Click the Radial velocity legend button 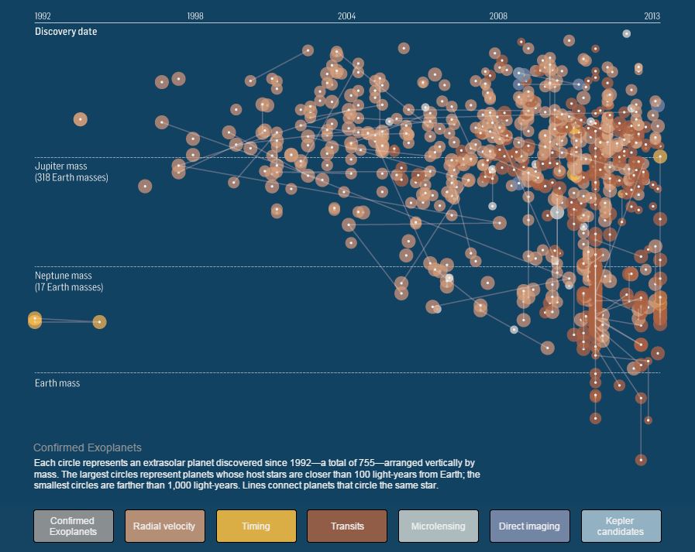click(x=164, y=526)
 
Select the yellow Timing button click(x=256, y=526)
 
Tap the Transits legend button click(x=347, y=526)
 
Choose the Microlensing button click(x=439, y=526)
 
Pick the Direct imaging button click(x=529, y=526)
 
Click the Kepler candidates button click(x=621, y=526)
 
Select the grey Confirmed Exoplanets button click(x=73, y=526)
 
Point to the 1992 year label click(x=43, y=15)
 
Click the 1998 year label click(x=195, y=15)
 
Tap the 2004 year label click(x=347, y=15)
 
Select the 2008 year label click(x=498, y=15)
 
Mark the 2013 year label click(x=652, y=15)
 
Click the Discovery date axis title click(x=66, y=32)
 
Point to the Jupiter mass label click(x=60, y=166)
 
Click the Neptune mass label click(x=63, y=276)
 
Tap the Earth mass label click(x=57, y=383)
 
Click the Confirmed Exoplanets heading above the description click(x=88, y=447)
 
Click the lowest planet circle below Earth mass click(x=641, y=460)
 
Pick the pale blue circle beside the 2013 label click(x=627, y=33)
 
